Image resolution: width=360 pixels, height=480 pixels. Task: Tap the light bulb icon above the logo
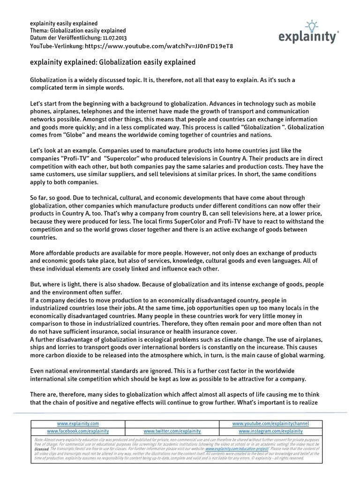312,24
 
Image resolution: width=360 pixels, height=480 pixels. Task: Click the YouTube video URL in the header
159,46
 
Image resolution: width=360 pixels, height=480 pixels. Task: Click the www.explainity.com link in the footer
78,423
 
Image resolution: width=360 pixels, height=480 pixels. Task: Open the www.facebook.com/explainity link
78,431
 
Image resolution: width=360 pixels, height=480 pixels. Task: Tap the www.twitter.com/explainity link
172,431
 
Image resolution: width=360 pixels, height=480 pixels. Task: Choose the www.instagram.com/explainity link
270,431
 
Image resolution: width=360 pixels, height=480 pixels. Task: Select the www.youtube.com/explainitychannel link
270,423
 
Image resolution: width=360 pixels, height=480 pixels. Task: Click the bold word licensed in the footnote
43,448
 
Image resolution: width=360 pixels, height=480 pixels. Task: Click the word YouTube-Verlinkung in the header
56,46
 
